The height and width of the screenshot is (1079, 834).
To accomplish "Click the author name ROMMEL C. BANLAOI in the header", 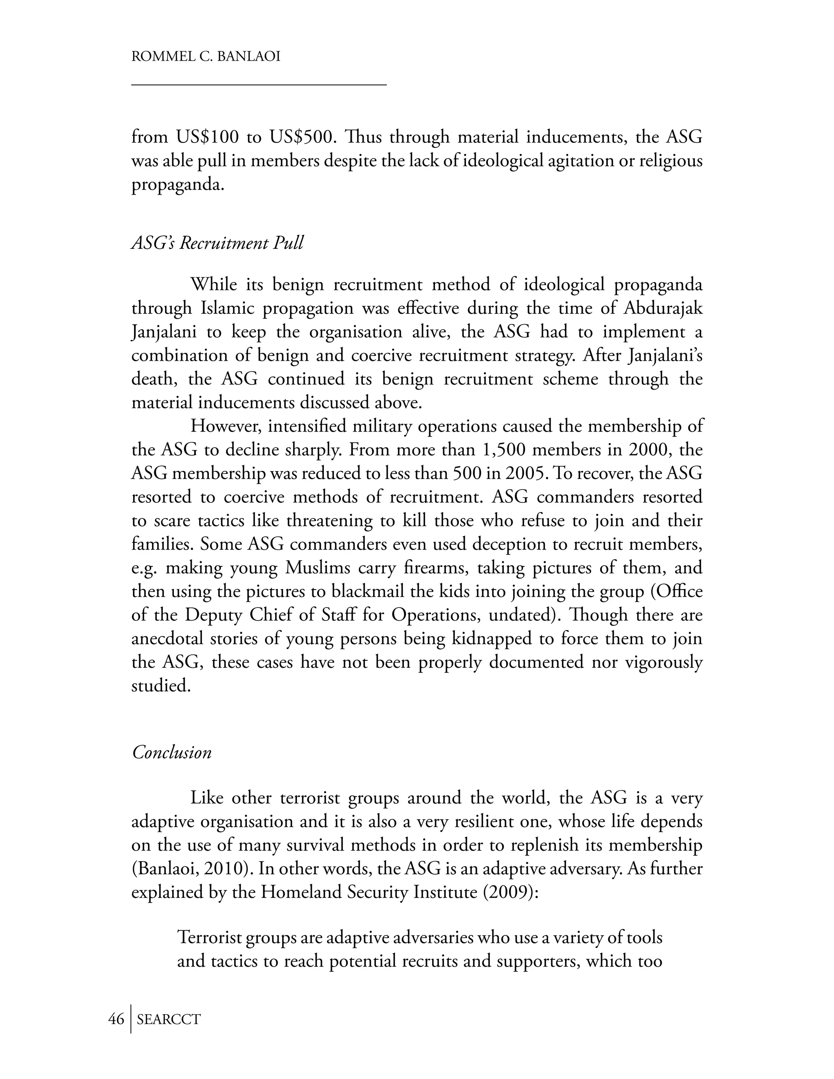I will [x=206, y=56].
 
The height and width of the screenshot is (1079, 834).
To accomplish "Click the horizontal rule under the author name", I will [x=259, y=86].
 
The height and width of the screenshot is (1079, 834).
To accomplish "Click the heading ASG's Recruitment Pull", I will [x=217, y=243].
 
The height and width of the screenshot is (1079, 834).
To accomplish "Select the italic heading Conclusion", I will [x=172, y=752].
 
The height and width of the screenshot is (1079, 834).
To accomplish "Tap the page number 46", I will [x=116, y=1019].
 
